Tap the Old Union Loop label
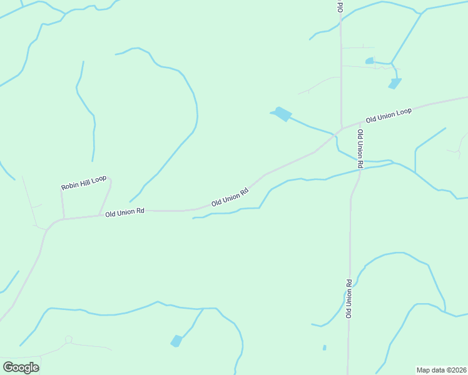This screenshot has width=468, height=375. point(389,115)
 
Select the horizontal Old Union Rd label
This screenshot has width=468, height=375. point(125,213)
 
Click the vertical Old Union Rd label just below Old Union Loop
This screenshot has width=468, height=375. point(360,149)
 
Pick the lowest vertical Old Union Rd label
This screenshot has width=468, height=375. point(349,299)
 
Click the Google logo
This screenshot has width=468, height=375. point(21,367)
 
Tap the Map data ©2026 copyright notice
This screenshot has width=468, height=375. point(442,369)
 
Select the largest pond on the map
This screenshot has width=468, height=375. point(282,114)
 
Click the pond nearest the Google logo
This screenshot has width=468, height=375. point(177,341)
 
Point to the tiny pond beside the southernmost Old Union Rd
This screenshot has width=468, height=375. point(324,347)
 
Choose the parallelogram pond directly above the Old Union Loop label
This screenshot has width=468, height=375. point(395,83)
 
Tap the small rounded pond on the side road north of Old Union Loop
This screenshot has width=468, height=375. point(369,61)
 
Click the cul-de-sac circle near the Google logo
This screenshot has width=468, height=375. point(69,339)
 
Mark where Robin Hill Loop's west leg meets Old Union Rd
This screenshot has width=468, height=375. point(63,219)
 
